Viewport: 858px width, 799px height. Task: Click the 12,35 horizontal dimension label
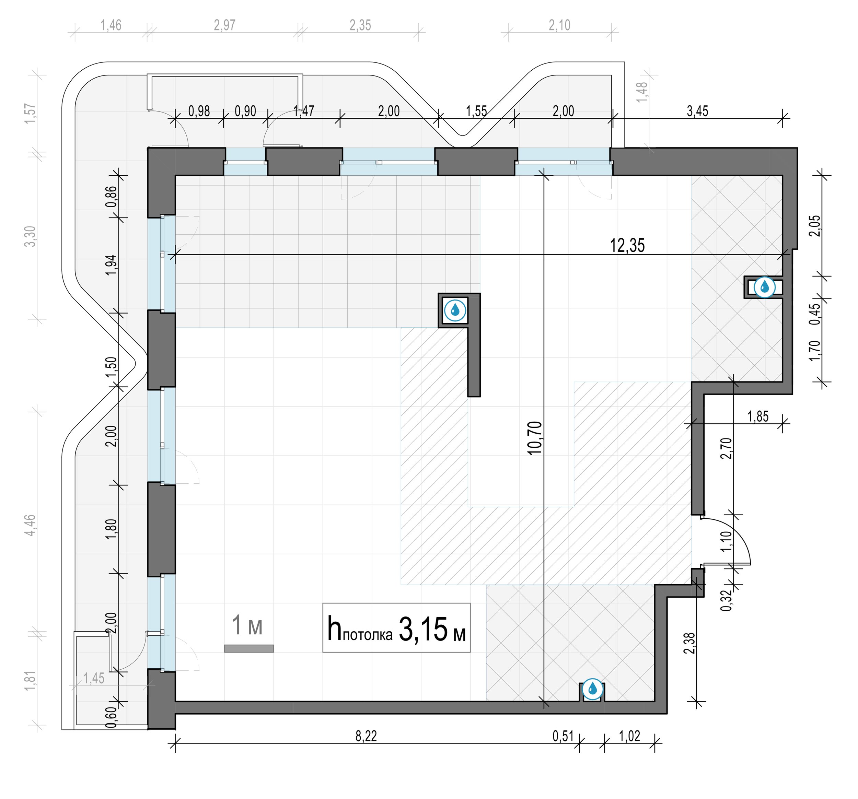pyautogui.click(x=627, y=246)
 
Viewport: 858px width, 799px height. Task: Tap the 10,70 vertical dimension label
pyautogui.click(x=534, y=438)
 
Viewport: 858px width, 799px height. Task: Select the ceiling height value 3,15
pyautogui.click(x=423, y=630)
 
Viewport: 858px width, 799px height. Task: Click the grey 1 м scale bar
pyautogui.click(x=249, y=648)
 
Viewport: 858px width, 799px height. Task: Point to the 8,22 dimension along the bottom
pyautogui.click(x=366, y=736)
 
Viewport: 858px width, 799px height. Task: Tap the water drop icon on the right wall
pyautogui.click(x=764, y=286)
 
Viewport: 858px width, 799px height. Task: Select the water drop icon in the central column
pyautogui.click(x=455, y=310)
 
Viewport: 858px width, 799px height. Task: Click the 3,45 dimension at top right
pyautogui.click(x=697, y=111)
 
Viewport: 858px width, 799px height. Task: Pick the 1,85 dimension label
pyautogui.click(x=758, y=416)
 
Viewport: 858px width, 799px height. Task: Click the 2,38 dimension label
pyautogui.click(x=690, y=643)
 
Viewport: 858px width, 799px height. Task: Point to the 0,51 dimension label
pyautogui.click(x=563, y=736)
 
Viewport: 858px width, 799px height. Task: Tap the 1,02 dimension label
pyautogui.click(x=630, y=736)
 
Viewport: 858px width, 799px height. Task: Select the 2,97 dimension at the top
pyautogui.click(x=224, y=25)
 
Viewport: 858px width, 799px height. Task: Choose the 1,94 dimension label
pyautogui.click(x=111, y=265)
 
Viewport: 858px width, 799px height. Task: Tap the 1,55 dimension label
pyautogui.click(x=476, y=111)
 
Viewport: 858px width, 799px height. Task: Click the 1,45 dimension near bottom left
pyautogui.click(x=94, y=679)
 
